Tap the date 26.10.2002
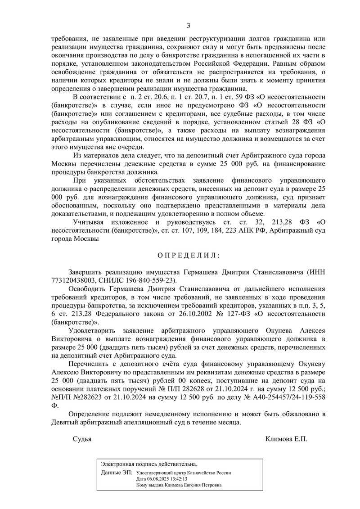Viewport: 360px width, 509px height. tap(164, 314)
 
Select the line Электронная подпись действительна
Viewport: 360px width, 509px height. tap(149, 464)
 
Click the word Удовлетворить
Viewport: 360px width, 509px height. tap(93, 331)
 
